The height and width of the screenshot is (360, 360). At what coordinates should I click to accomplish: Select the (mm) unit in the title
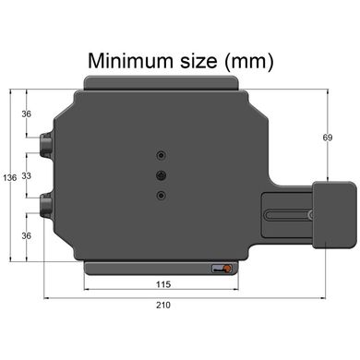coord(249,62)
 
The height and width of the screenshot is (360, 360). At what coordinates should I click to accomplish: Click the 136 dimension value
coord(10,177)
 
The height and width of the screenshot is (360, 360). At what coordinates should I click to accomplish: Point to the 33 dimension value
coord(27,176)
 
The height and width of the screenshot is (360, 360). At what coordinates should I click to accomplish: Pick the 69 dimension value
coord(328,138)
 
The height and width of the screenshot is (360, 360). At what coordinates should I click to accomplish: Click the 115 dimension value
coord(163,284)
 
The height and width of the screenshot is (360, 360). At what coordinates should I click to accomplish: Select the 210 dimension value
coord(163,305)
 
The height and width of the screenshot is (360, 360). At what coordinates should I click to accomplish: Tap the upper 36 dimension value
coord(27,114)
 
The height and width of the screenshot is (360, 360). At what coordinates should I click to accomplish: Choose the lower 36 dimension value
coord(27,235)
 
